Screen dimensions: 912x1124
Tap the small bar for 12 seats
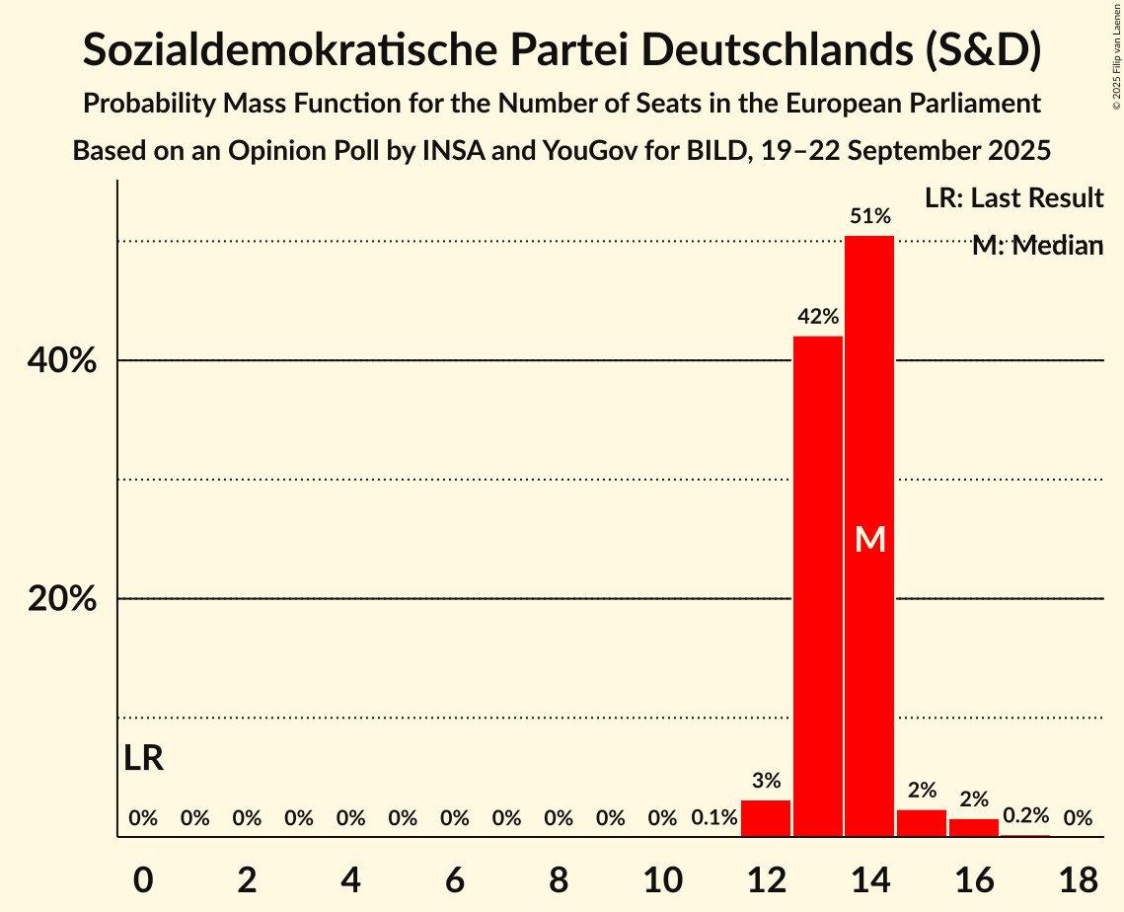pos(766,818)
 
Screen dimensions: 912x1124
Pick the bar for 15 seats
pos(922,823)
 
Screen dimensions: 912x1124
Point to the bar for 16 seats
pos(974,827)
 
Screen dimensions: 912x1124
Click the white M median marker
pos(870,539)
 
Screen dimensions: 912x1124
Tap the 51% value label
pos(870,216)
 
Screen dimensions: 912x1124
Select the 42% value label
pos(818,317)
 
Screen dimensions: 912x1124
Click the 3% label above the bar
pos(766,781)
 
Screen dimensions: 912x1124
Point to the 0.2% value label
pos(1026,815)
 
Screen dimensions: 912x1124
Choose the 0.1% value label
pos(714,818)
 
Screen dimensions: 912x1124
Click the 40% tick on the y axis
pos(62,361)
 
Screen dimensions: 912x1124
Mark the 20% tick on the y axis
pos(62,599)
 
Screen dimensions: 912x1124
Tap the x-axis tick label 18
pos(1078,877)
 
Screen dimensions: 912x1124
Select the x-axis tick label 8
pos(559,877)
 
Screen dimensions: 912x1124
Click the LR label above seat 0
pos(144,758)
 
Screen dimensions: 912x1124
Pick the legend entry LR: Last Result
pos(1013,198)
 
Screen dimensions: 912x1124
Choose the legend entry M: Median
pos(1037,246)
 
